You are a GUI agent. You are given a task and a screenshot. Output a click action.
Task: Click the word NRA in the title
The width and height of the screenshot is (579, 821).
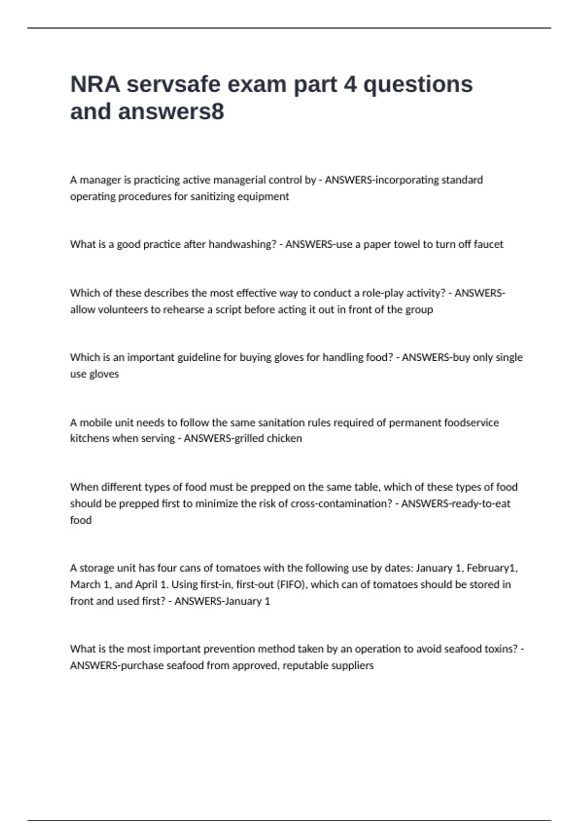click(x=95, y=85)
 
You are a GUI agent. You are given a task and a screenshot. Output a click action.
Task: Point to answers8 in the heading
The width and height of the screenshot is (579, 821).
click(x=171, y=112)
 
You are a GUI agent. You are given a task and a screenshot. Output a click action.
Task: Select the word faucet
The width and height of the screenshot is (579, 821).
click(x=488, y=244)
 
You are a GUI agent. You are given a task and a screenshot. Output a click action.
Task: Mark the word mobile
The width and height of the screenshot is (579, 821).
click(x=95, y=423)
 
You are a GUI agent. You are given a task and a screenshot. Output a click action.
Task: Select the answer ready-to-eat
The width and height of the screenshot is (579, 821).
click(x=480, y=504)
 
